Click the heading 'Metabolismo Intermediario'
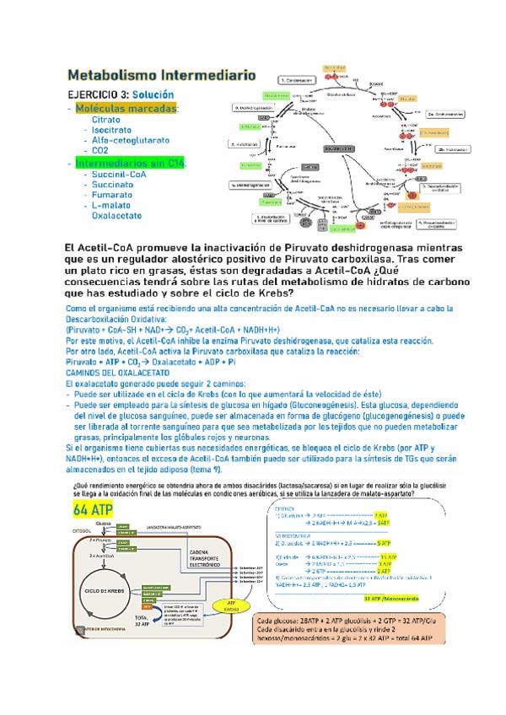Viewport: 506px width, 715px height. pyautogui.click(x=160, y=75)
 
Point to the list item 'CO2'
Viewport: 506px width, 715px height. pyautogui.click(x=100, y=151)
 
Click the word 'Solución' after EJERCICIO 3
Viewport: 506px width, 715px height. pyautogui.click(x=158, y=95)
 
